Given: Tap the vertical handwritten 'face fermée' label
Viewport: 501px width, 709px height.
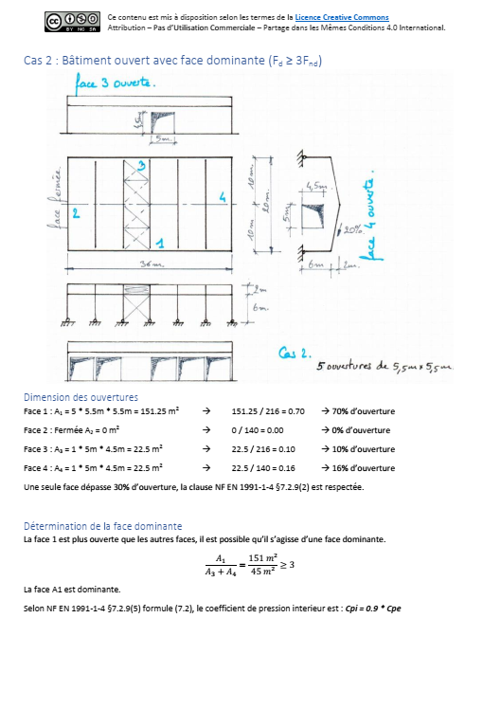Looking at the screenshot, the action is (x=57, y=199).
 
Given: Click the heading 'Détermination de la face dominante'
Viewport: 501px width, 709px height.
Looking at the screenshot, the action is (x=102, y=526).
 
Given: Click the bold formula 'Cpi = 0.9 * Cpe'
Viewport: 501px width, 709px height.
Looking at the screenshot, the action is (x=372, y=608).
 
